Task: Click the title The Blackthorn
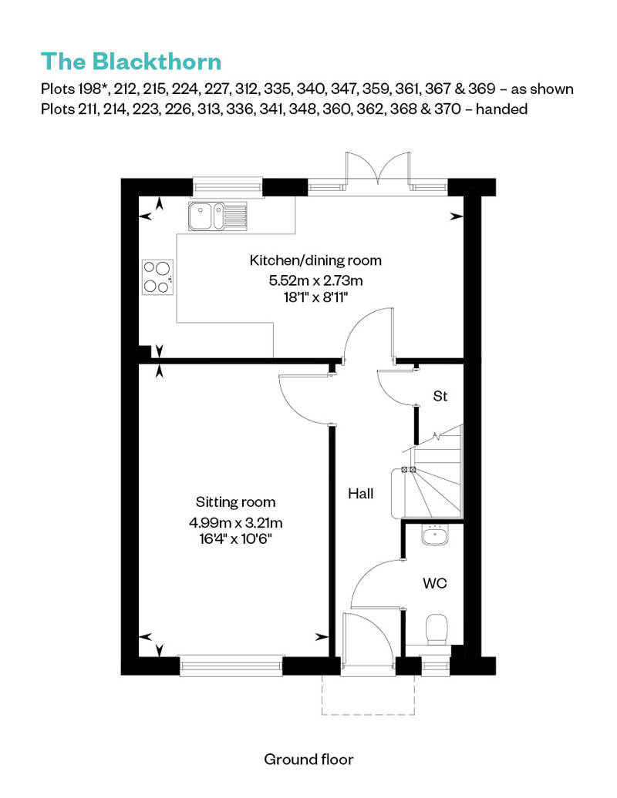point(131,61)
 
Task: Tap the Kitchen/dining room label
point(315,260)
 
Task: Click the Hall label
point(360,494)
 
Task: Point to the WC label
point(434,584)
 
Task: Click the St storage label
point(440,397)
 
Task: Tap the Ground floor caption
point(308,759)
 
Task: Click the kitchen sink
point(217,216)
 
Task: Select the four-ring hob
point(157,277)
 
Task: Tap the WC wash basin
point(437,535)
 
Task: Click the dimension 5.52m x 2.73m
point(316,280)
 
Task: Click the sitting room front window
point(231,665)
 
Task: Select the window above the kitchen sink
point(228,186)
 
